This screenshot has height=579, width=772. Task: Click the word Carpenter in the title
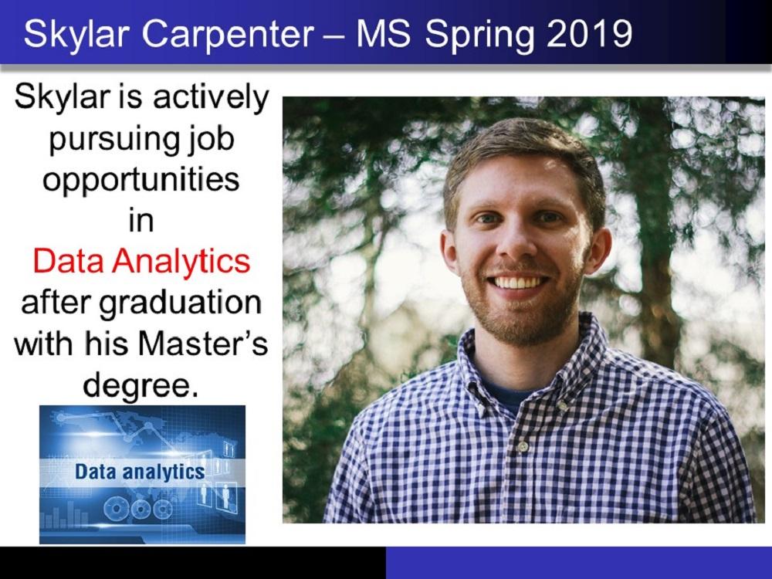click(228, 35)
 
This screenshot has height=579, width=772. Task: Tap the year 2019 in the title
click(589, 34)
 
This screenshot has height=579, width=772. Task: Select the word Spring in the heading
click(479, 36)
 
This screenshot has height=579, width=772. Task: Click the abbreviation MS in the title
click(383, 34)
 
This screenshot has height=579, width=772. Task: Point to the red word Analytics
click(181, 262)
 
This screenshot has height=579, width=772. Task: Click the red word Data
click(69, 261)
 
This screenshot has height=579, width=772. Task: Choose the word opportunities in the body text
click(141, 181)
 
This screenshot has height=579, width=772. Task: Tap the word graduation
click(180, 303)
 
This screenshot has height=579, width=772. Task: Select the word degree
click(140, 386)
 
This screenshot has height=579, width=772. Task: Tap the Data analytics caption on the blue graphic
click(140, 472)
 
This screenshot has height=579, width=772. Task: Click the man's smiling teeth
click(520, 283)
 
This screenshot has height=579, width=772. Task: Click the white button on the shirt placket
click(523, 446)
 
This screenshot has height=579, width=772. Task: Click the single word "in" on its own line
click(141, 221)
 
